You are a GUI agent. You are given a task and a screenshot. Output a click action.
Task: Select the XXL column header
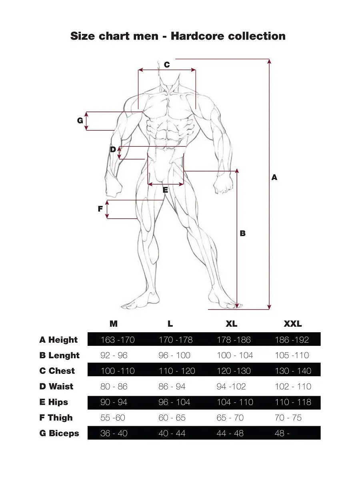[292, 324]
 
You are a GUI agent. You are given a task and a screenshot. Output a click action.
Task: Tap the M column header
[113, 324]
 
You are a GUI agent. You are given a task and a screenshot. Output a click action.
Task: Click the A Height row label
[58, 340]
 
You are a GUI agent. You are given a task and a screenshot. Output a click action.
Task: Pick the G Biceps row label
[59, 433]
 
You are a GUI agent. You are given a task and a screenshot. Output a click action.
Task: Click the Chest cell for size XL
[234, 371]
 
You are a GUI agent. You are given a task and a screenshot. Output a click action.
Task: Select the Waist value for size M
[114, 386]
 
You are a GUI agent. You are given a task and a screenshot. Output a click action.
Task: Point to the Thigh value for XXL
[288, 417]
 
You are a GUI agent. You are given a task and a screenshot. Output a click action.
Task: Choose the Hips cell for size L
[174, 402]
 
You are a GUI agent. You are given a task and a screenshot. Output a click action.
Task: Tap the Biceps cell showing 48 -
[282, 433]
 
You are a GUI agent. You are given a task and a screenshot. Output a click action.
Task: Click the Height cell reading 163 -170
[117, 340]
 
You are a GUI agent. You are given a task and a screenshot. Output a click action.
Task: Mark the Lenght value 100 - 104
[235, 355]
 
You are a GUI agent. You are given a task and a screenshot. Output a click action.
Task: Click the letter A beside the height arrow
[274, 177]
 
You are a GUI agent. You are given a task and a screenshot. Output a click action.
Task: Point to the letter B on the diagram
[243, 234]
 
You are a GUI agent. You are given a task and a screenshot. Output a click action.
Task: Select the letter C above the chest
[167, 65]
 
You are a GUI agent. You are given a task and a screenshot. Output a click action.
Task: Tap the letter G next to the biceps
[80, 121]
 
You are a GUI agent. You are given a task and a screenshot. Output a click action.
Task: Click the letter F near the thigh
[100, 209]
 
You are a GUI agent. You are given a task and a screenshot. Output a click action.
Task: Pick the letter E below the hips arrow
[165, 190]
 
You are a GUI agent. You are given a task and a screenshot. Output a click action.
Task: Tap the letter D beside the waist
[113, 150]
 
